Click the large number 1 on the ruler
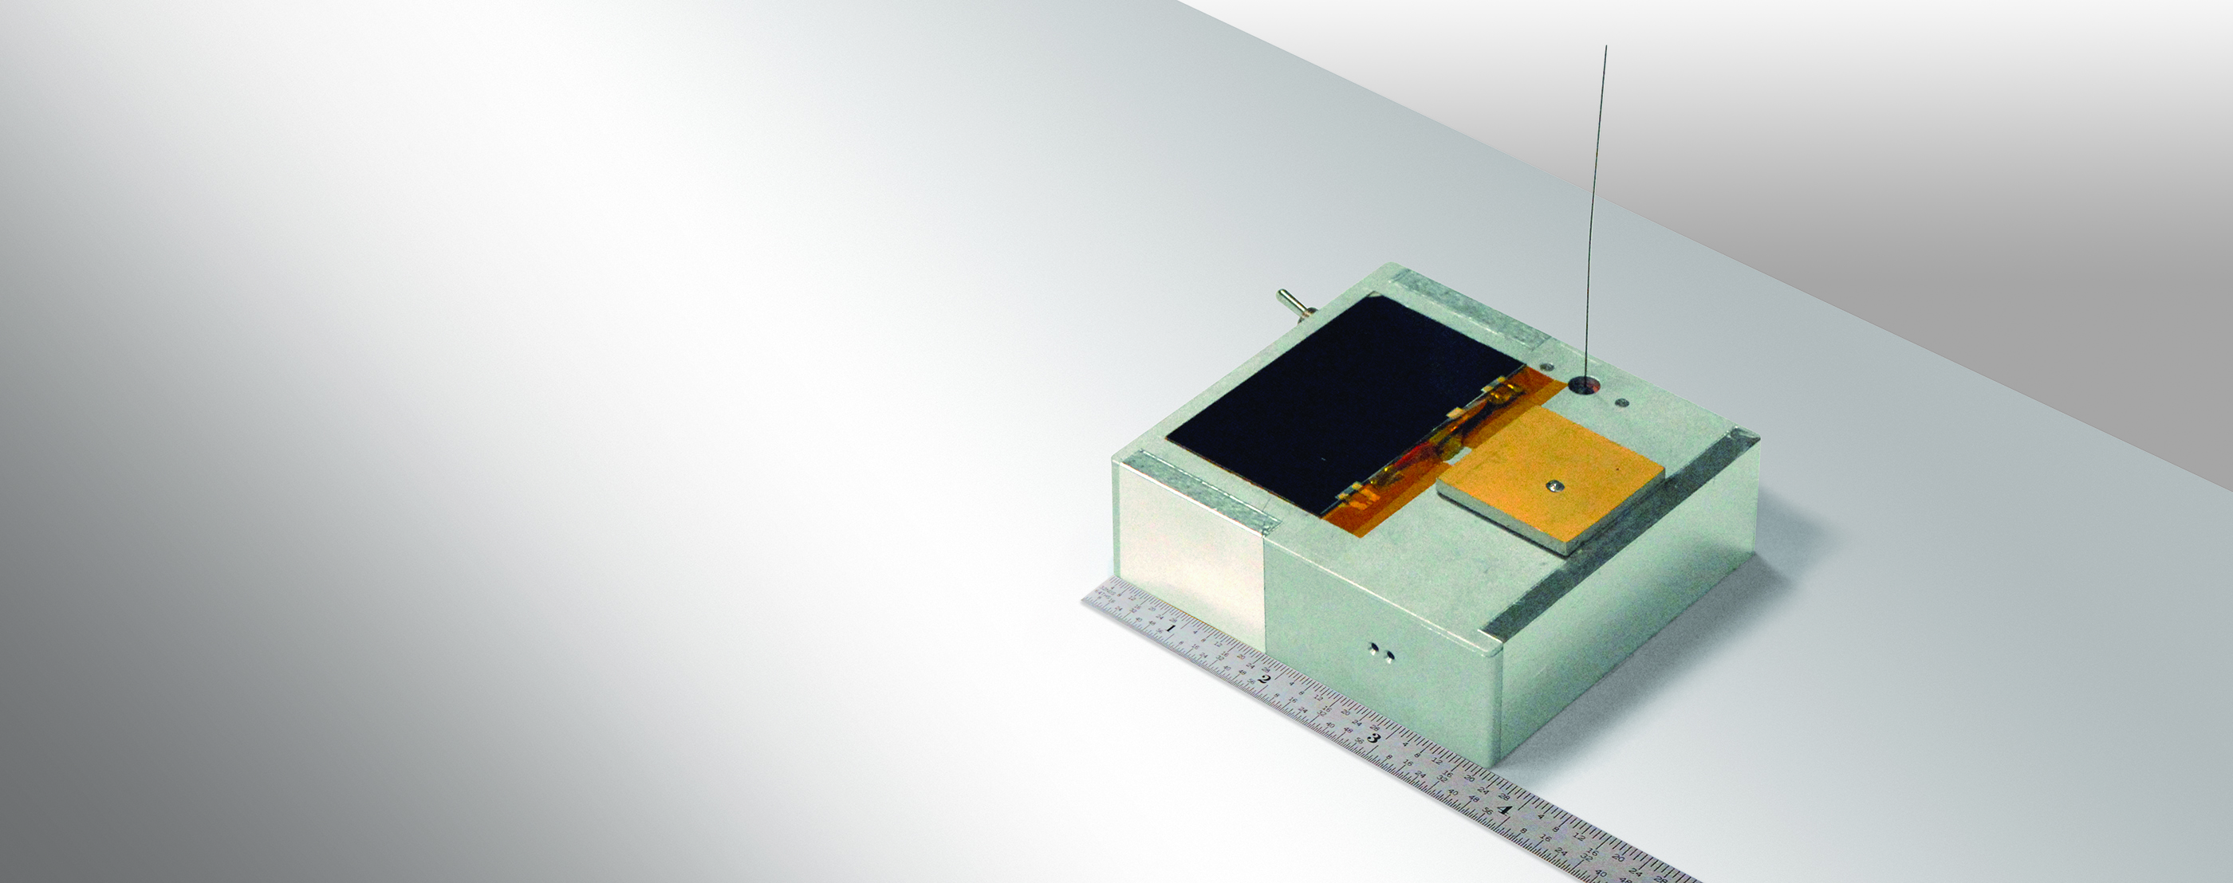1171,627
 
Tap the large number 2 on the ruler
1264,678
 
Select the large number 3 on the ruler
1372,738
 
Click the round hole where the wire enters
1585,383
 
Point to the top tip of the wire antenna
1606,48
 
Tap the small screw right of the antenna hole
1621,401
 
